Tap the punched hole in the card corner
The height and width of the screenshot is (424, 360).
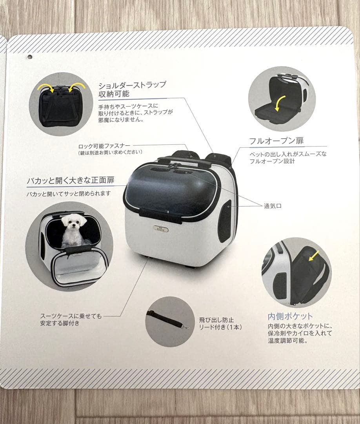[x=30, y=57]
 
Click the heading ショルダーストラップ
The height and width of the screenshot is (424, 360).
[x=132, y=85]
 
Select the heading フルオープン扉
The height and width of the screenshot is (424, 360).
[x=276, y=141]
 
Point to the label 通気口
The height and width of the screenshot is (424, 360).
[x=273, y=206]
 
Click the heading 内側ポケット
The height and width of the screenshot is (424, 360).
[x=290, y=316]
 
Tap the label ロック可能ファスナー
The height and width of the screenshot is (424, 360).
[x=104, y=146]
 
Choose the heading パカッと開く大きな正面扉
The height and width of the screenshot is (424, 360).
[x=71, y=180]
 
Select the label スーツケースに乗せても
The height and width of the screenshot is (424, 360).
[x=71, y=316]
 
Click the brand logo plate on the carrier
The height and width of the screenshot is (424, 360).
[x=161, y=229]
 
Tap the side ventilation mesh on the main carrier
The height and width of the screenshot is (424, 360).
[x=225, y=221]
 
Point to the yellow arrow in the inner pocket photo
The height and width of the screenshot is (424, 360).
[x=314, y=255]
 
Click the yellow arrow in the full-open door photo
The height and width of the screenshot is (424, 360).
[x=279, y=103]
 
